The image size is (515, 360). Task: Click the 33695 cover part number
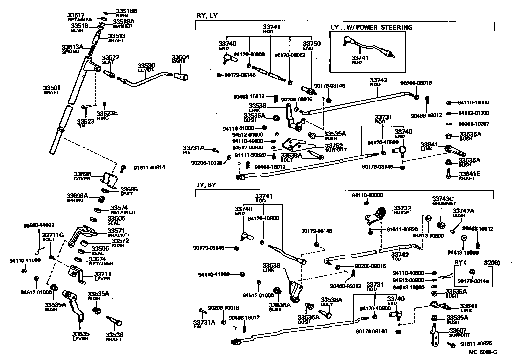click(x=82, y=174)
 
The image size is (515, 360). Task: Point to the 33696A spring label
click(x=77, y=196)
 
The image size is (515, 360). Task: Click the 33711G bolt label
click(x=53, y=235)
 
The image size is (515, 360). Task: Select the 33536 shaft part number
click(x=114, y=335)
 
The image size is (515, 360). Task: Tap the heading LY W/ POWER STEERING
click(x=371, y=27)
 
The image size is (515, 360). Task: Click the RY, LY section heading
click(x=207, y=16)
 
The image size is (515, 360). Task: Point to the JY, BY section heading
click(x=206, y=185)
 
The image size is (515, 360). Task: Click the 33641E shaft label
click(x=469, y=174)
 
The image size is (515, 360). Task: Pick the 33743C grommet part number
click(x=442, y=199)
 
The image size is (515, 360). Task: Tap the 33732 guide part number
click(x=402, y=208)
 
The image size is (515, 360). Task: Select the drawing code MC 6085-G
click(x=483, y=352)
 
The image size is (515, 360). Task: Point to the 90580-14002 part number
click(x=39, y=225)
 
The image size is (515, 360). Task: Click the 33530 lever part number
click(x=146, y=66)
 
